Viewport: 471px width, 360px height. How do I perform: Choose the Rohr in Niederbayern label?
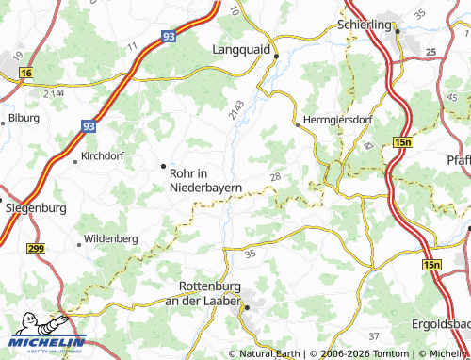[205, 180]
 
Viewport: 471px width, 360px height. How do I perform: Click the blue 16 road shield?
[25, 72]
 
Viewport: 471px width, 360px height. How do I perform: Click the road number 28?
[275, 177]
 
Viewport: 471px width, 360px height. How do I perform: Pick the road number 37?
[373, 336]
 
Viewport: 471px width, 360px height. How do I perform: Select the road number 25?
[430, 51]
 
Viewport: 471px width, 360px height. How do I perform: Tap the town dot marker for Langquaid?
[276, 57]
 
